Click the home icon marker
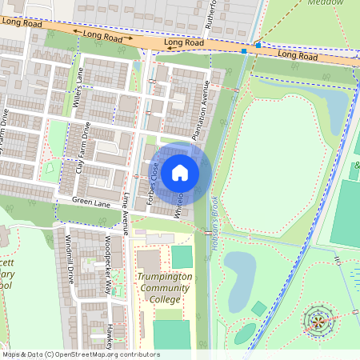pyautogui.click(x=180, y=172)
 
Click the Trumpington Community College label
pyautogui.click(x=165, y=289)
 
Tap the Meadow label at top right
pyautogui.click(x=342, y=3)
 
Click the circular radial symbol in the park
pyautogui.click(x=318, y=322)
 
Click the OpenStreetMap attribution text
pyautogui.click(x=80, y=354)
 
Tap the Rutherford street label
pyautogui.click(x=212, y=16)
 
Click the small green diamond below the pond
pyautogui.click(x=258, y=308)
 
